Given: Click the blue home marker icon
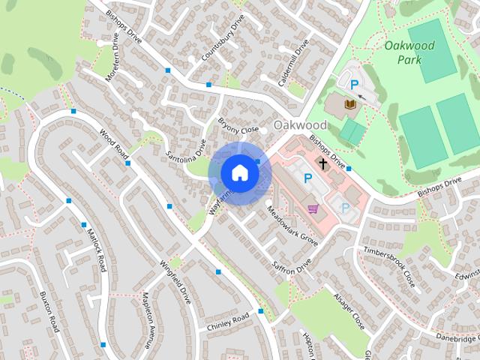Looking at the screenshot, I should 239,173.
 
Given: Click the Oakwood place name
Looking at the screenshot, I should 300,124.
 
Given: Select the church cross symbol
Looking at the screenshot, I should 323,163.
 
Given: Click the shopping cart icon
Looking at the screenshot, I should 313,208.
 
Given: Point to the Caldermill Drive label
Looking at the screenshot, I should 293,63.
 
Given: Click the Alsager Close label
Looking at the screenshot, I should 349,311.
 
